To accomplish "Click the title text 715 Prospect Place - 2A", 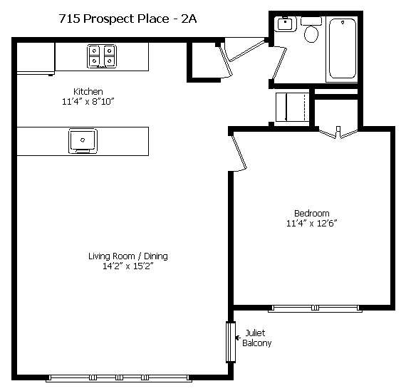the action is (128, 19).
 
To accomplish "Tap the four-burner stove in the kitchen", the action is (102, 56).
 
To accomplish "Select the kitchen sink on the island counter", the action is (83, 141).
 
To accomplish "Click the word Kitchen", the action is (88, 91).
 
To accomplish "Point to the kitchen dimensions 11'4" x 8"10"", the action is (88, 102).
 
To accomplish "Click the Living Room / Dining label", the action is (128, 256).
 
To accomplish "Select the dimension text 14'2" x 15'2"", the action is (128, 266).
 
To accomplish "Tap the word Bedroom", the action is (311, 213).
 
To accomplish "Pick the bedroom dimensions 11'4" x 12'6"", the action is (311, 223).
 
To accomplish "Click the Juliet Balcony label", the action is (256, 338).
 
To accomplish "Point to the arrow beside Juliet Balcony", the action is (238, 338).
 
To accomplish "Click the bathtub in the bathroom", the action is (343, 48).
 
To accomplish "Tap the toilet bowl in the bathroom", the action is (311, 33).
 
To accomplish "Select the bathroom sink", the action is (285, 24).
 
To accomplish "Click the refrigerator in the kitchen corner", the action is (36, 58).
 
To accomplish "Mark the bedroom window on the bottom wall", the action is (315, 308).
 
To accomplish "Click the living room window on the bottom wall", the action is (119, 378).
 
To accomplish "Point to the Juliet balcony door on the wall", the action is (231, 342).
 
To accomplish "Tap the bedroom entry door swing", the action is (239, 153).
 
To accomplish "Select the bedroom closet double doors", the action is (338, 132).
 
